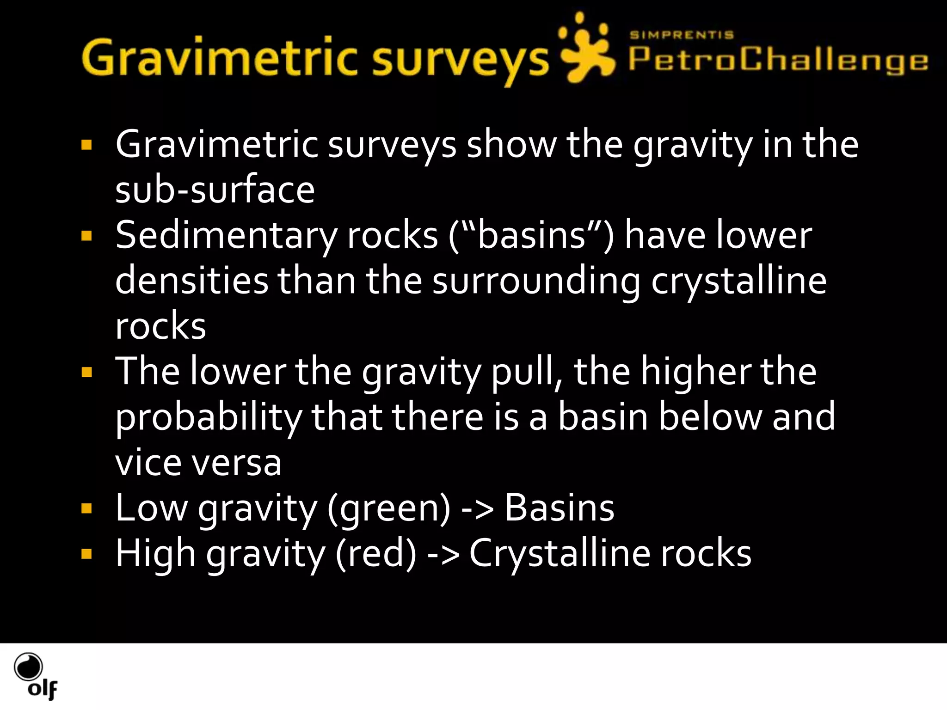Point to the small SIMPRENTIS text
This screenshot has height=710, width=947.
click(682, 35)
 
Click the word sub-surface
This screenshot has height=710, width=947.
click(215, 190)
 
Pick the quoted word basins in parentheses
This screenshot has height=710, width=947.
click(531, 236)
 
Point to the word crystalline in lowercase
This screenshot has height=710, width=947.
click(738, 281)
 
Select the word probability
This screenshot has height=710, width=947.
click(208, 417)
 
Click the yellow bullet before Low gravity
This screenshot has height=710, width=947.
click(86, 509)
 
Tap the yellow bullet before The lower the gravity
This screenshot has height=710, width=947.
click(86, 373)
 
